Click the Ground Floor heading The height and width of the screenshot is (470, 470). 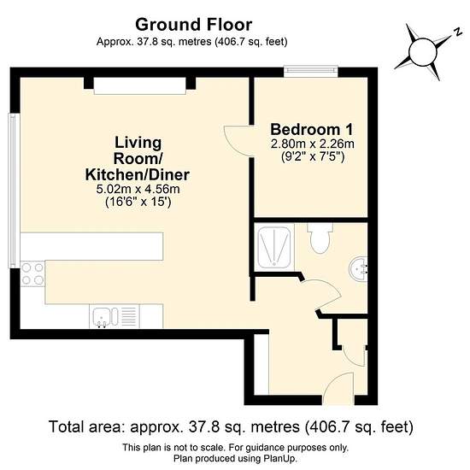pyautogui.click(x=193, y=25)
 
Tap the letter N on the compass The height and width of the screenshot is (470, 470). pyautogui.click(x=458, y=32)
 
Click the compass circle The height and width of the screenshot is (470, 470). pyautogui.click(x=423, y=53)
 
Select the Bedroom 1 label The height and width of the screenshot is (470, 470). pyautogui.click(x=312, y=130)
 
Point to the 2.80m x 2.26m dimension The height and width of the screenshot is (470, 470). pyautogui.click(x=312, y=144)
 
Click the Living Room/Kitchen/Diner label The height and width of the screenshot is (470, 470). pyautogui.click(x=138, y=159)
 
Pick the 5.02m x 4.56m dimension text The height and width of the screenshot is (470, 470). pyautogui.click(x=138, y=189)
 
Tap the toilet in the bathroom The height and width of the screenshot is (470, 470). pyautogui.click(x=320, y=238)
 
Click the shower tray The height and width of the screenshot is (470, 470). pyautogui.click(x=274, y=247)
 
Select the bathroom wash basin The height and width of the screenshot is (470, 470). pyautogui.click(x=359, y=269)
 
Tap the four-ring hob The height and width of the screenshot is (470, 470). pyautogui.click(x=32, y=273)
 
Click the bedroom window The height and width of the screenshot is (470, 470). pyautogui.click(x=311, y=70)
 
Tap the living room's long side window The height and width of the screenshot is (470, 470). pyautogui.click(x=14, y=191)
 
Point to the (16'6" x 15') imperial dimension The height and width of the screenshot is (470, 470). pyautogui.click(x=138, y=202)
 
